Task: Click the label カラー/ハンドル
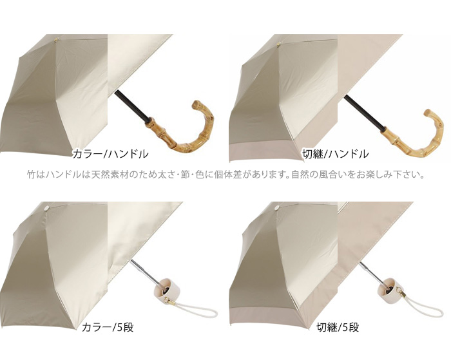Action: coord(110,153)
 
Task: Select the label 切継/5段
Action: coord(338,327)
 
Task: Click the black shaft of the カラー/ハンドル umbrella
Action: coord(131,106)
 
